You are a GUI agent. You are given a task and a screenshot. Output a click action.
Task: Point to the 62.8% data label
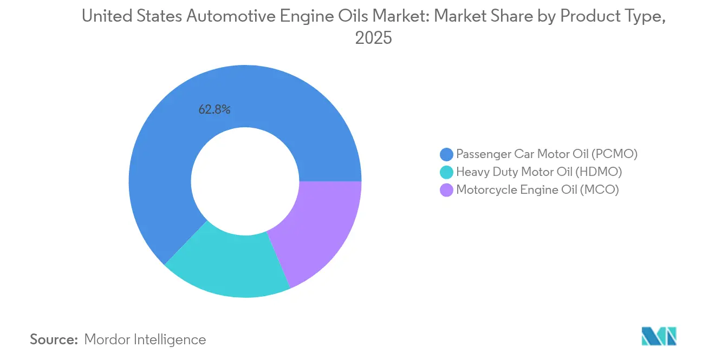[x=214, y=110]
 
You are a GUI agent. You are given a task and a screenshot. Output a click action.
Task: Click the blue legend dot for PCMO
[x=446, y=154]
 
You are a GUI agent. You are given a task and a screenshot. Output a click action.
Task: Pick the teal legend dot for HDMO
[x=446, y=172]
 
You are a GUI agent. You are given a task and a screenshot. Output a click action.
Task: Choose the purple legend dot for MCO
[x=446, y=190]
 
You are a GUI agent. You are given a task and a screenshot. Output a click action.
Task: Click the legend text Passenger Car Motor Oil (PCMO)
[x=547, y=154]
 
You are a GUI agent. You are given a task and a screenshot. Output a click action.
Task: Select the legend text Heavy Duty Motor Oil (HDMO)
[x=538, y=172]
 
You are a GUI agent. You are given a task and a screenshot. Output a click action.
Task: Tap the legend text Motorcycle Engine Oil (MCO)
[x=537, y=190]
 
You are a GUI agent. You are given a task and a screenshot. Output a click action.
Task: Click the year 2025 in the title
[x=373, y=38]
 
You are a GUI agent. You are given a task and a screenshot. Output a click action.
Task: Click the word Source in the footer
[x=54, y=339]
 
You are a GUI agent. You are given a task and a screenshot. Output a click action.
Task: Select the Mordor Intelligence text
[x=145, y=339]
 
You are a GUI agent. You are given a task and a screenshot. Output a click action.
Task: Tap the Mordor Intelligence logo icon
[x=659, y=336]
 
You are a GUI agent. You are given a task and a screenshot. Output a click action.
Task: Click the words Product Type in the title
[x=611, y=17]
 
